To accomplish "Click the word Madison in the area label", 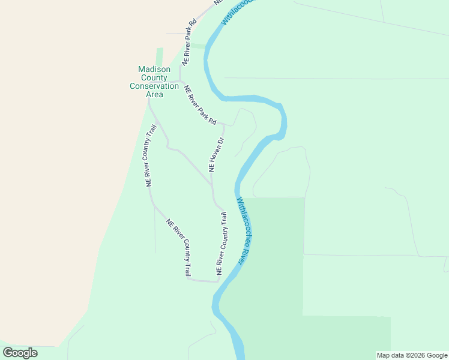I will [x=154, y=69].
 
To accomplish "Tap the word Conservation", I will [x=154, y=86].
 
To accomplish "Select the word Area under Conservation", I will [x=154, y=94].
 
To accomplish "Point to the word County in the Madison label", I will [x=154, y=77].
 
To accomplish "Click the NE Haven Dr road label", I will [x=216, y=155].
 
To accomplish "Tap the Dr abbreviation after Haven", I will [x=220, y=142].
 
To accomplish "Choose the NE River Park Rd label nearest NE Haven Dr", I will [x=200, y=105].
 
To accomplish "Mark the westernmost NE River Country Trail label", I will [x=151, y=155].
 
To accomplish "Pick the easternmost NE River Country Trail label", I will [x=222, y=243].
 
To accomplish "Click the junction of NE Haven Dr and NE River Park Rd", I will [x=224, y=125].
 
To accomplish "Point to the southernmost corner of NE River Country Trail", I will [x=217, y=281].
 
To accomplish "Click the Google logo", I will [x=20, y=353].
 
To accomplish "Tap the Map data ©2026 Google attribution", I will [x=412, y=355].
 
